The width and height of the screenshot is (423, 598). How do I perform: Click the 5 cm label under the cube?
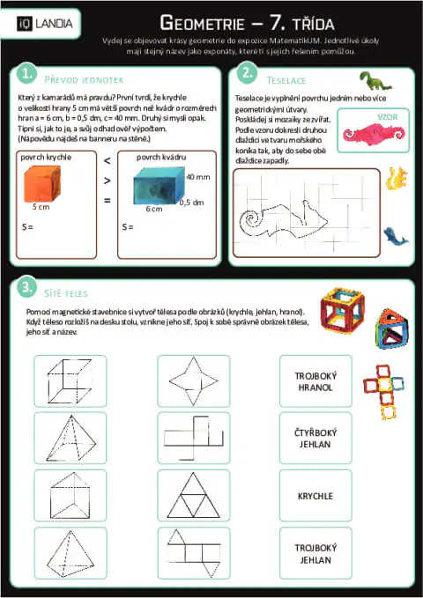[x=41, y=208]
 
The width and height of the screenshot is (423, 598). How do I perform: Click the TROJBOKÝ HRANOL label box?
[x=315, y=380]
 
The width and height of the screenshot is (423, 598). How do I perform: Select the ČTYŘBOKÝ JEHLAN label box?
[x=315, y=438]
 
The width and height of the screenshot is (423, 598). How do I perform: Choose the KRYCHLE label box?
[x=315, y=496]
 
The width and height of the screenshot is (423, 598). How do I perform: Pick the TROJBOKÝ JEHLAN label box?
[x=315, y=553]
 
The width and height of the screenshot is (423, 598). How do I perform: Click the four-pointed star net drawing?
[x=194, y=380]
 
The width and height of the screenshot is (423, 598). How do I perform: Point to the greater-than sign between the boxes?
[x=107, y=181]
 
